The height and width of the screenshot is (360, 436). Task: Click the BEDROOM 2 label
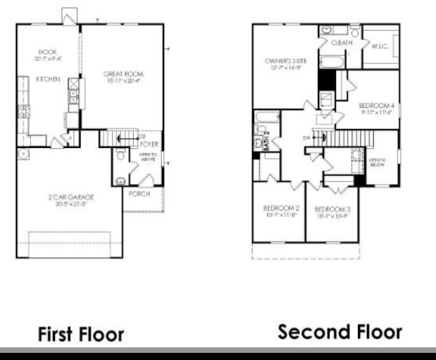(x=281, y=208)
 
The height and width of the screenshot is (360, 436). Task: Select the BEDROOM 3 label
(x=332, y=209)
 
